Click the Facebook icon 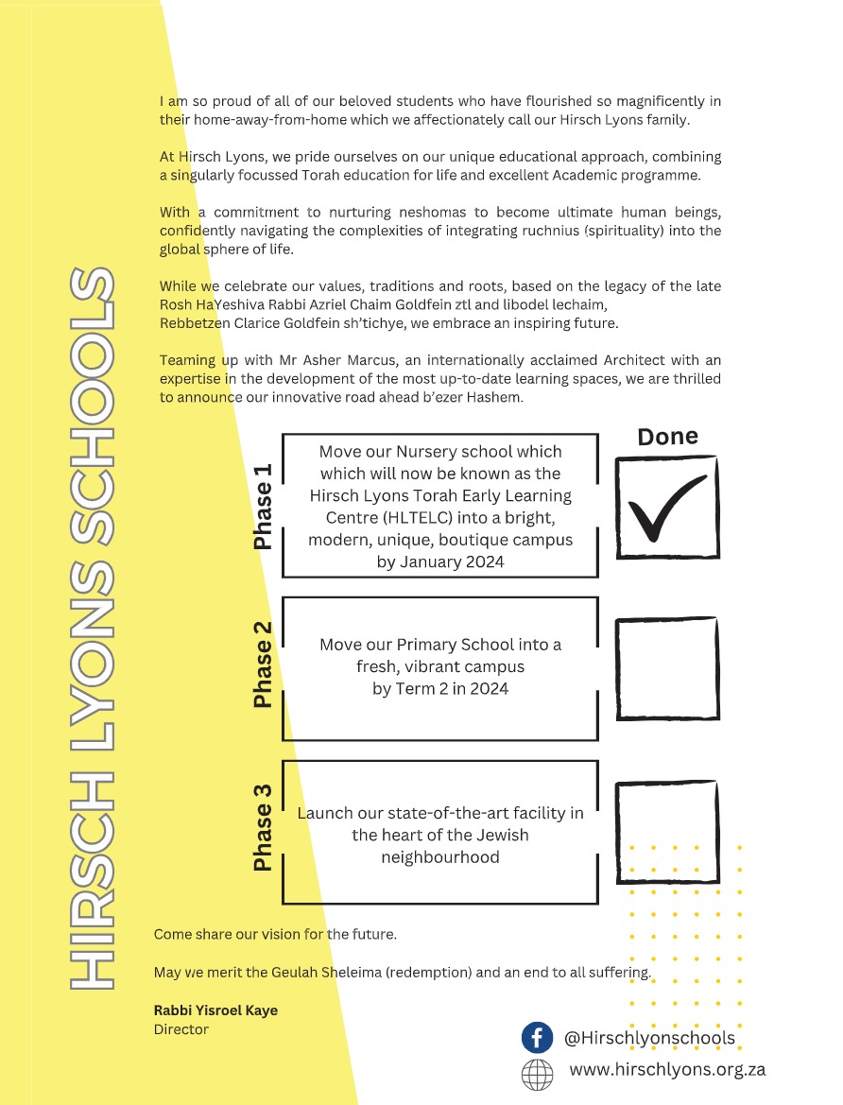537,1038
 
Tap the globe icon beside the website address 537,1074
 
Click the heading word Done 667,437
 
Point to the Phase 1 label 263,507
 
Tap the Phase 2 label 263,665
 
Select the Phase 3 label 263,827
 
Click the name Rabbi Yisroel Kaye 215,1010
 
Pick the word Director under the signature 181,1029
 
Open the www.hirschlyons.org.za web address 666,1070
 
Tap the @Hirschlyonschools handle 649,1038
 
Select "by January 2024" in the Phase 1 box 439,561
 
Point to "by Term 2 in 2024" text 439,689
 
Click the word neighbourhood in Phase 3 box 439,857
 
